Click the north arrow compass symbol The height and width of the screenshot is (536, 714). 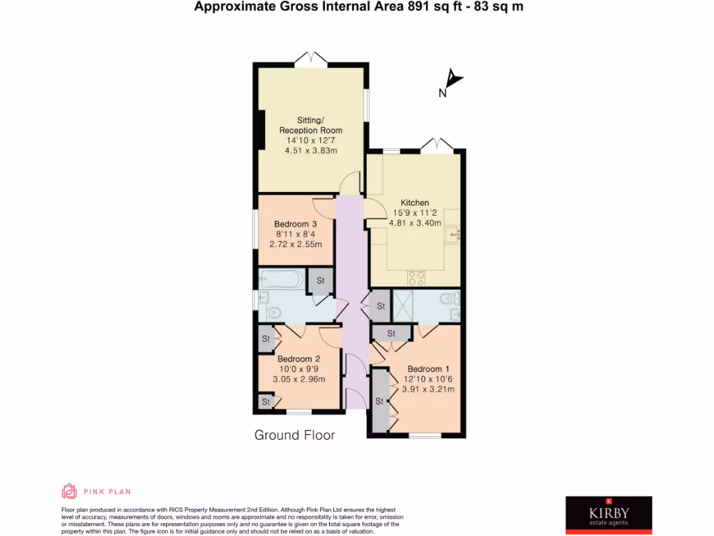(455, 78)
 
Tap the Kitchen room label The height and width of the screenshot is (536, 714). (414, 202)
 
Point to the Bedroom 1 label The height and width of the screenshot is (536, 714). (425, 369)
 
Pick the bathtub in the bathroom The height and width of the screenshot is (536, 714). (280, 280)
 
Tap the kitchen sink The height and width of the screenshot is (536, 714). (455, 233)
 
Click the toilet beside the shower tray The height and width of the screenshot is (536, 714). (448, 299)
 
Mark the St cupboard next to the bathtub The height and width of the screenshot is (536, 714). (321, 281)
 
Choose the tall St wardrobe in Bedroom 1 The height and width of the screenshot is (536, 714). (380, 401)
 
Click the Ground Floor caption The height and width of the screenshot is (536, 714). (294, 435)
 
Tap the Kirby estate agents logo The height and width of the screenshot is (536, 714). (608, 514)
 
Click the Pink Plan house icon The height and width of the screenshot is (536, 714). (70, 491)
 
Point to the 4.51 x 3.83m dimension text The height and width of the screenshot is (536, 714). (311, 150)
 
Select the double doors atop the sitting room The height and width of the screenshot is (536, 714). (311, 59)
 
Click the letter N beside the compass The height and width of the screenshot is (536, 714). (442, 94)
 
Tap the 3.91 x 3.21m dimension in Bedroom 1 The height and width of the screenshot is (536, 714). (429, 389)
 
